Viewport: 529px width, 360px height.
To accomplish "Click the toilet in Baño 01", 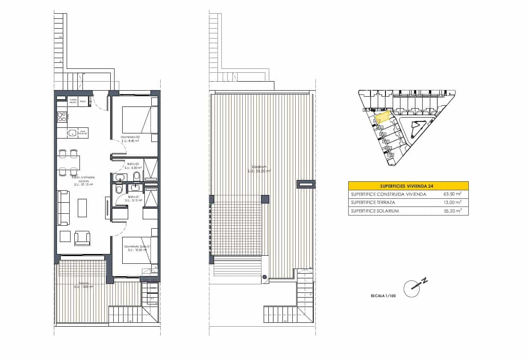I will click(x=119, y=189).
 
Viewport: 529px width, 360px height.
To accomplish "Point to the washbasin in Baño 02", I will click(x=119, y=177).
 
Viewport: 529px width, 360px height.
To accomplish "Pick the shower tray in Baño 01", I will click(x=150, y=197).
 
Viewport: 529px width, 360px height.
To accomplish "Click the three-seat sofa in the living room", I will click(x=63, y=208).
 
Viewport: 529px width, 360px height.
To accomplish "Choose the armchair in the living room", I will click(x=82, y=238).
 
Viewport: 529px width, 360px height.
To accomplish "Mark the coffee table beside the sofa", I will click(x=82, y=208).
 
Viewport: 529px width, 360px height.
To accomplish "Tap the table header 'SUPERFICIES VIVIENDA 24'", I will click(x=408, y=186).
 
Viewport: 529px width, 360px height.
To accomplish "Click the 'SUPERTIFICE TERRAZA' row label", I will click(x=373, y=203).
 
